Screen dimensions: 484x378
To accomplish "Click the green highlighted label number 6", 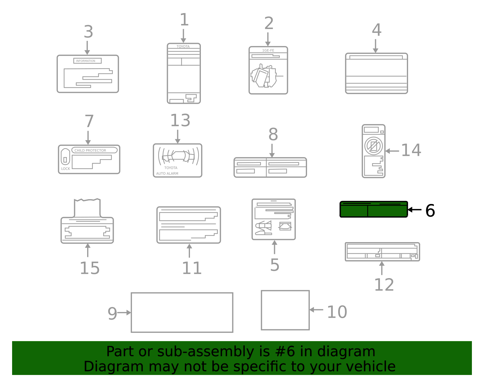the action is point(374,209).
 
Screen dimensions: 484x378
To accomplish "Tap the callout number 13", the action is point(180,120).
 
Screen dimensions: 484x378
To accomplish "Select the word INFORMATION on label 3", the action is point(86,61).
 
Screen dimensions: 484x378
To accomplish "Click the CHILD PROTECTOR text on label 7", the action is point(90,150).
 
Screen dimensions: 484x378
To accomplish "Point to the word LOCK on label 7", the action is point(65,169).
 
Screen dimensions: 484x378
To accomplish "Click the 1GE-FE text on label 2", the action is point(268,50).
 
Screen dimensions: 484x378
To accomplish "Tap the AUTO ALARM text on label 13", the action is point(167,173).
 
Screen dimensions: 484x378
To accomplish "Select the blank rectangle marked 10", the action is point(285,310).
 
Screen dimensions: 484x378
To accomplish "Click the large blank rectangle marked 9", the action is point(182,313).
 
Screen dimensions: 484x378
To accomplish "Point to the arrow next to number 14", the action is point(392,151).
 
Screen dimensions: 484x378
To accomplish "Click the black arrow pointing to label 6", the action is point(414,210).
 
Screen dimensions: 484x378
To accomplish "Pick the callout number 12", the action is point(384,285).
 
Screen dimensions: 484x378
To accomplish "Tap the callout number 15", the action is point(90,268).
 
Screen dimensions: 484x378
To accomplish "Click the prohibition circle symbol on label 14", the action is point(374,146).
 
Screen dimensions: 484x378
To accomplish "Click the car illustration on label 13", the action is point(178,155).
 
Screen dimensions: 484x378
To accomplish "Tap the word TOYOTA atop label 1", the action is point(183,47).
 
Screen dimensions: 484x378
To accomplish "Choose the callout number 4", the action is point(377,30).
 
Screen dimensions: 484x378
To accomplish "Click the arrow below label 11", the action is point(189,251).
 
